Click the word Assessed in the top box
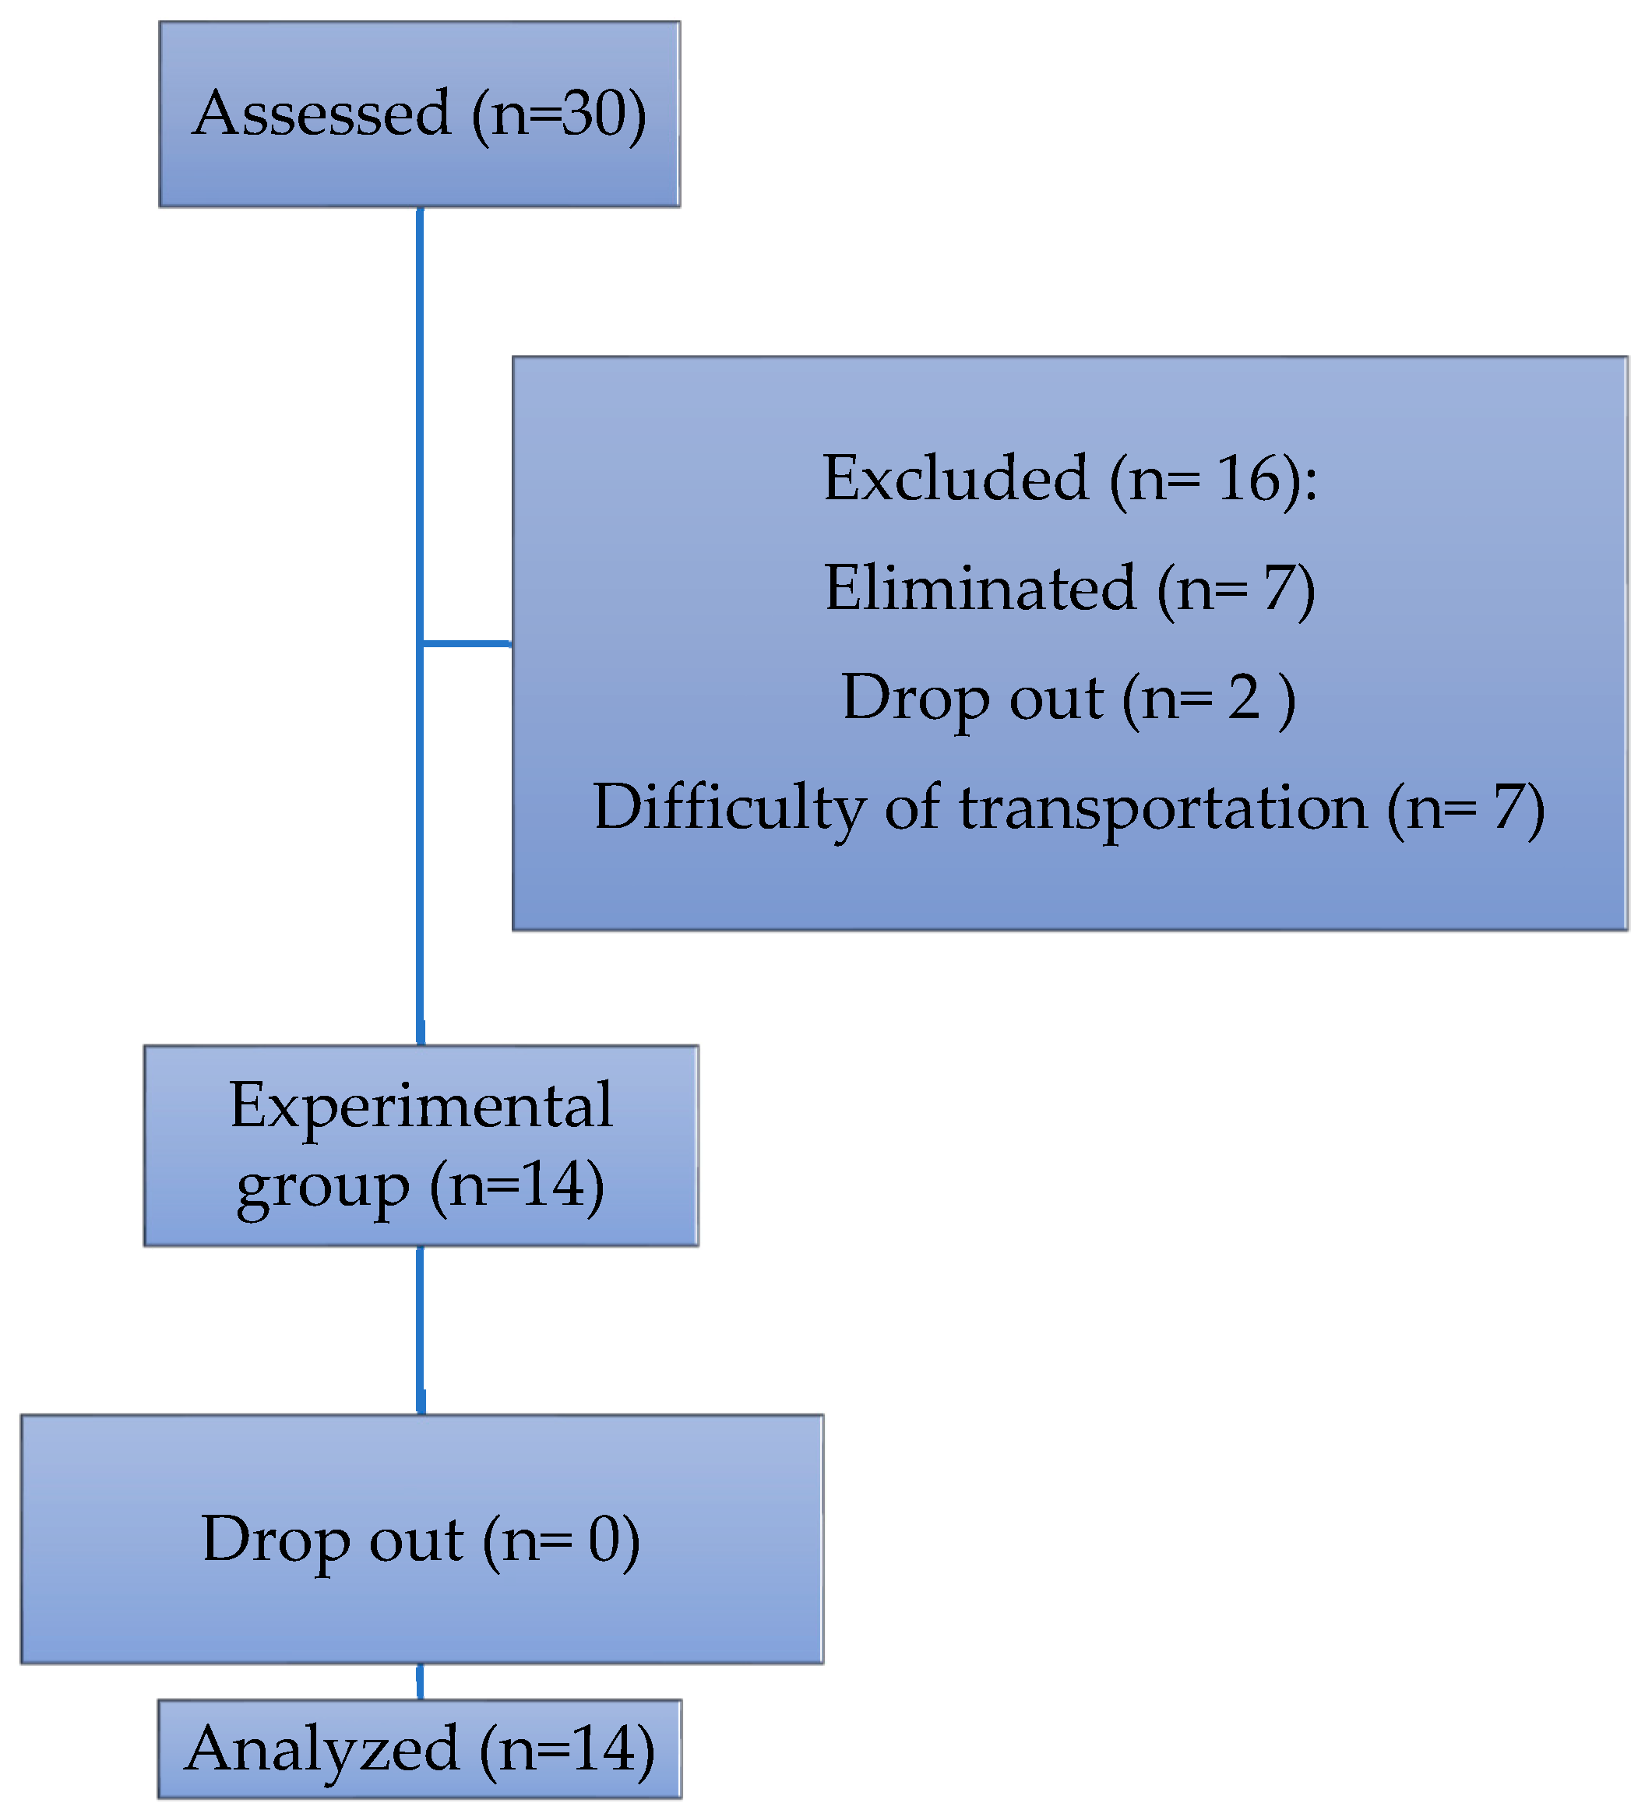click(322, 114)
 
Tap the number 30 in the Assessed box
click(591, 114)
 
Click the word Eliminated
click(980, 589)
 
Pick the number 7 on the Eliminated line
click(1278, 589)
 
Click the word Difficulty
click(729, 807)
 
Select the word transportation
click(1163, 807)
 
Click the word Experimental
click(421, 1105)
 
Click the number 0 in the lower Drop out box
click(604, 1540)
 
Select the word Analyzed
click(322, 1749)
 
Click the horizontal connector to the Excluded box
click(466, 643)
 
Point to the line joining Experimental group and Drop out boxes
click(420, 1329)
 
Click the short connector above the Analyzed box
click(420, 1681)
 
